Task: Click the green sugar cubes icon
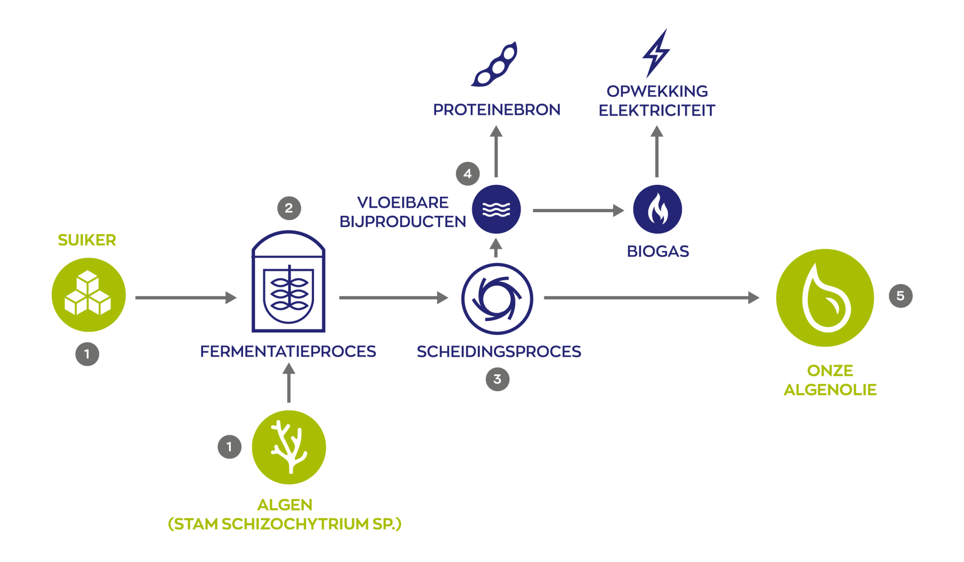(x=89, y=295)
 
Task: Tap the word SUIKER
(x=87, y=240)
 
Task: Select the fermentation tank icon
(x=289, y=281)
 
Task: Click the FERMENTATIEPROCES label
(x=288, y=352)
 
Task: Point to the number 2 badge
(x=289, y=208)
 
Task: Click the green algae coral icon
(x=289, y=447)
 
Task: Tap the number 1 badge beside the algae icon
(x=229, y=447)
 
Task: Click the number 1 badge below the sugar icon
(x=87, y=354)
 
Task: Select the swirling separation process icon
(x=497, y=299)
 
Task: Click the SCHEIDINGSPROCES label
(x=499, y=352)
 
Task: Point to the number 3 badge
(x=498, y=379)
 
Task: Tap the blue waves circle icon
(x=496, y=209)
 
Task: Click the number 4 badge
(x=468, y=174)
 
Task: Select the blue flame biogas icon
(x=658, y=209)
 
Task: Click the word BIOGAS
(x=658, y=252)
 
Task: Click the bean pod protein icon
(x=495, y=65)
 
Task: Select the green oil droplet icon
(x=825, y=298)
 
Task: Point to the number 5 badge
(x=901, y=295)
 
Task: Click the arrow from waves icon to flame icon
(x=578, y=210)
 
